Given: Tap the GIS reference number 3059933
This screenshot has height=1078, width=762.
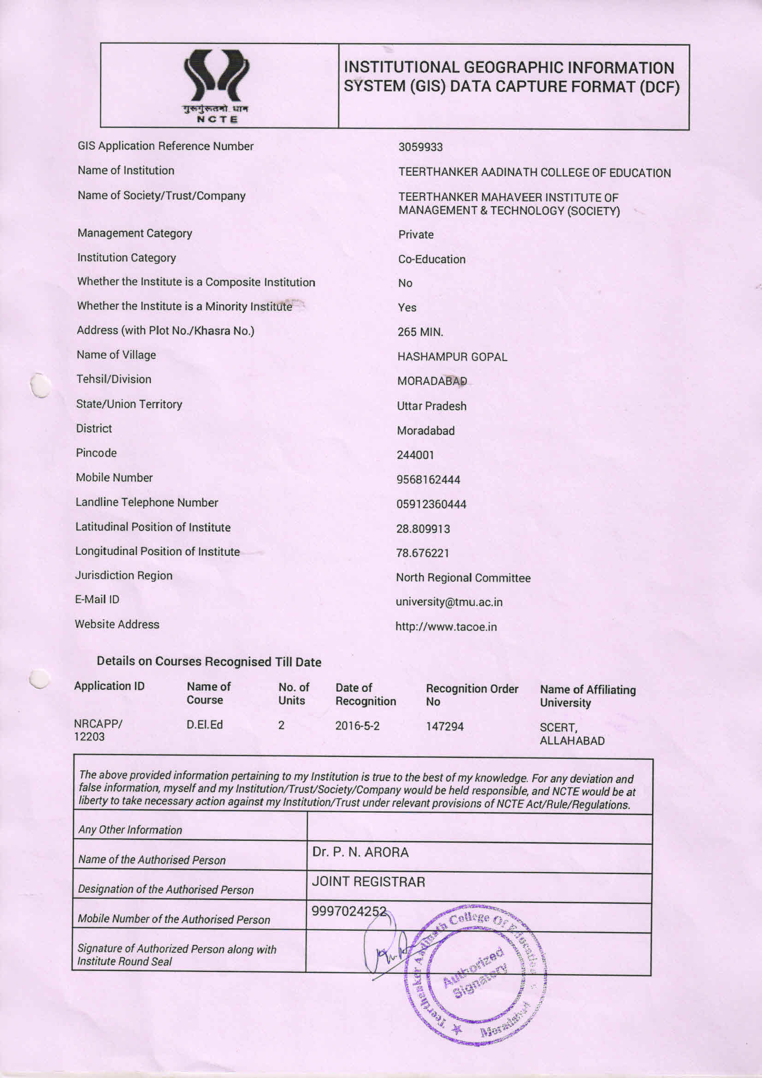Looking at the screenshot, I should (420, 147).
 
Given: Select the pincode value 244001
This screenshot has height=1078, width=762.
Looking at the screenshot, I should (415, 455).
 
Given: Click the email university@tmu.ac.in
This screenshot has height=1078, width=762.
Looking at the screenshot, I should (449, 602).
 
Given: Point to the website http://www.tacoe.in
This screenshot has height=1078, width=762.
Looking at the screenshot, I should (446, 627).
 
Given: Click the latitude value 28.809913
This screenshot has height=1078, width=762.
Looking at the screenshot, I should (423, 529).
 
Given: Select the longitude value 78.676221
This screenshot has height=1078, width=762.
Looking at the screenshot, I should (422, 553).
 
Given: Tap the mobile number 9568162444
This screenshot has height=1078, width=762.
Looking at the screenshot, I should (428, 480).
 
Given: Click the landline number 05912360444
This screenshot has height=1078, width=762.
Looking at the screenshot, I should (431, 504).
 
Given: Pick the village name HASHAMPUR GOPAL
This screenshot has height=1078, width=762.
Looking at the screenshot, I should (452, 357).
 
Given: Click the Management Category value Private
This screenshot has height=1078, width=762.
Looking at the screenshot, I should (416, 235).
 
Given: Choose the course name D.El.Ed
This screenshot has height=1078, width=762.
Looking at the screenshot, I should (205, 725).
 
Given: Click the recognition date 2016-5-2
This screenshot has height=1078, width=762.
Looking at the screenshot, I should (357, 726).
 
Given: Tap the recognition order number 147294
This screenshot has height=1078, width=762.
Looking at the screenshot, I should (444, 727).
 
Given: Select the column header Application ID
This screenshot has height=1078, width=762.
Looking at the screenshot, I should (109, 686).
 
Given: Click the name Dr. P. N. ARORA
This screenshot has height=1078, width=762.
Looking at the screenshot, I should (360, 852).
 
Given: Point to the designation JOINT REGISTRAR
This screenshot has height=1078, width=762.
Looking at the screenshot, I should (368, 882).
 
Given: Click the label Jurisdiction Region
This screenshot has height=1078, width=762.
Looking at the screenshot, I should (124, 576).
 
